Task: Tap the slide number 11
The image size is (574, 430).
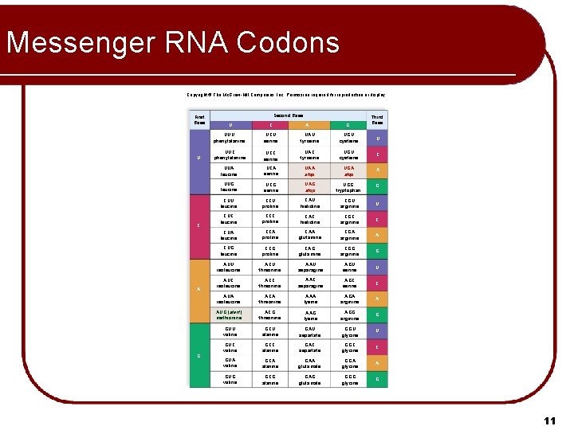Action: point(548,420)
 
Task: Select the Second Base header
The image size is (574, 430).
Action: point(288,115)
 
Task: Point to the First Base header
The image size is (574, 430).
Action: point(199,119)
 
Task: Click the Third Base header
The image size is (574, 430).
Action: point(377,119)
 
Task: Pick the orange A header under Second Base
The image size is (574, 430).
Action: point(306,125)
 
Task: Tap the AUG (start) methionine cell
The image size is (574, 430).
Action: point(230,315)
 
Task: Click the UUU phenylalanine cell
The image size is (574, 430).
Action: point(230,139)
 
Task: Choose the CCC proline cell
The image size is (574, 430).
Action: point(269,218)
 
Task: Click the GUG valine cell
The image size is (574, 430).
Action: point(230,379)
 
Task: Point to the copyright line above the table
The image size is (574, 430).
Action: point(286,95)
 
